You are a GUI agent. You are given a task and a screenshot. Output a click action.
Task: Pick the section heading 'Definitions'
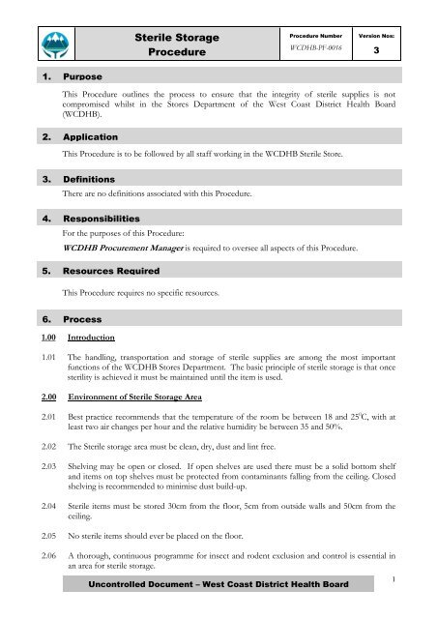click(89, 180)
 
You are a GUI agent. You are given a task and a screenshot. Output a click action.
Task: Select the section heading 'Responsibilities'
click(102, 219)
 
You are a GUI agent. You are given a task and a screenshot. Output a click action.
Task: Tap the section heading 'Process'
click(81, 317)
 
